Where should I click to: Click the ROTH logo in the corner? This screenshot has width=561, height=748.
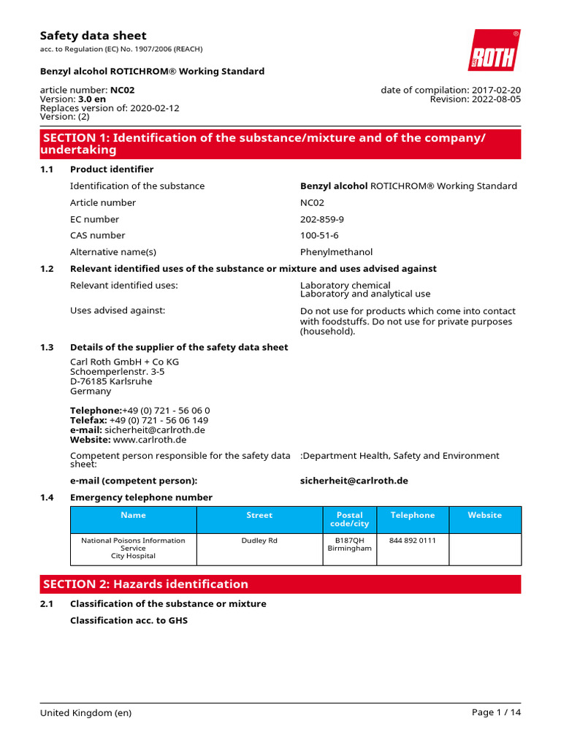(494, 50)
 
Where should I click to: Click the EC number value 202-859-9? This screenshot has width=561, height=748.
(322, 219)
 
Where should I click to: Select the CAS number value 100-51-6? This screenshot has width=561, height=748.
(319, 235)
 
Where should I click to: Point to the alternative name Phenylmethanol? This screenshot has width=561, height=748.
(336, 252)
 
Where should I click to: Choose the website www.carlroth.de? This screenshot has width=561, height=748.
(150, 440)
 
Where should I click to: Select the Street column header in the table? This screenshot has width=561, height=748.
(259, 515)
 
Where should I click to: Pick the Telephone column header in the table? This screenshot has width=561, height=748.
(413, 515)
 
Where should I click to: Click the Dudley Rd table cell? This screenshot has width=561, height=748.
(259, 541)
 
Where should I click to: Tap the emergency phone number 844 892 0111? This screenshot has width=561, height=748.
(413, 541)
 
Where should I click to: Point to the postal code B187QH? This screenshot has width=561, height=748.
(349, 541)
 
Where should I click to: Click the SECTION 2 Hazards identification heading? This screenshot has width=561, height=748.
(146, 584)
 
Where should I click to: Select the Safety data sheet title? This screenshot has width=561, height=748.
(93, 36)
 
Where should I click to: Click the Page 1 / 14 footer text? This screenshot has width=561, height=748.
(497, 713)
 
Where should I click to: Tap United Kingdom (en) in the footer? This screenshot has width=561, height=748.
(86, 713)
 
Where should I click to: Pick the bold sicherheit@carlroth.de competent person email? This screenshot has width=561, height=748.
(354, 481)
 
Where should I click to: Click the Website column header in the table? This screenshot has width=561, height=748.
(485, 515)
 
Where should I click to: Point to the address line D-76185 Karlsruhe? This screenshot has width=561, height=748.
(111, 381)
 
